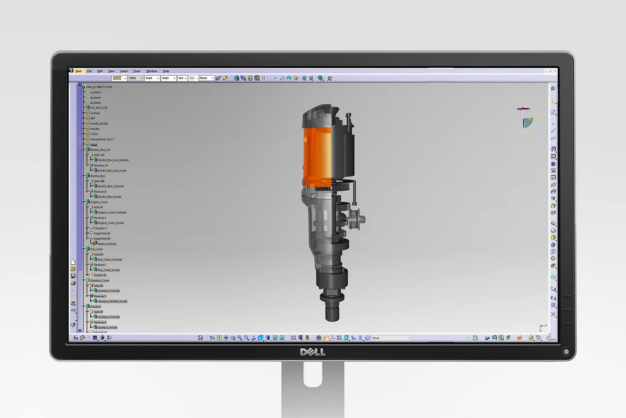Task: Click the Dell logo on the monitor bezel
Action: click(x=312, y=352)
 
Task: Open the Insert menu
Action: click(x=124, y=71)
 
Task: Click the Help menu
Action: click(x=166, y=71)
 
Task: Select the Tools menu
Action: click(x=137, y=71)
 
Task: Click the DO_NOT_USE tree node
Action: click(x=99, y=108)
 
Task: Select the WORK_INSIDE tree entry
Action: click(x=99, y=124)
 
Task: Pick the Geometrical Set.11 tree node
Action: click(x=102, y=139)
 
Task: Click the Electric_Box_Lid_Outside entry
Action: click(x=113, y=160)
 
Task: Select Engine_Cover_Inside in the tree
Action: click(x=110, y=223)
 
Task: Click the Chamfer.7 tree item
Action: click(x=100, y=228)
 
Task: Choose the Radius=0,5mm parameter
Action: click(x=107, y=244)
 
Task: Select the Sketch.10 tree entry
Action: click(x=100, y=276)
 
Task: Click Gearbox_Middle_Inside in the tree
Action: click(x=112, y=302)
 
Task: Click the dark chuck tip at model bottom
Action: click(x=332, y=312)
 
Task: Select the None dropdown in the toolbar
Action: click(x=206, y=78)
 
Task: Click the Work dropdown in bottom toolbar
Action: click(x=391, y=338)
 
